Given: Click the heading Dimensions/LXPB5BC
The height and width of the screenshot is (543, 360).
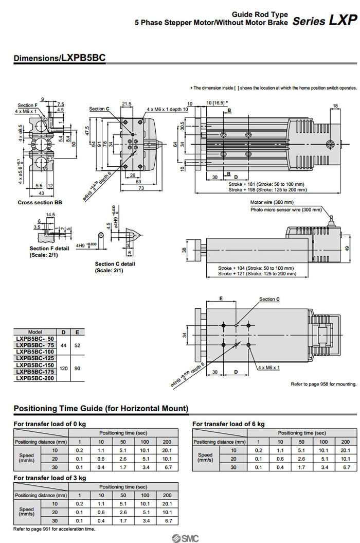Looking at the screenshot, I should [x=60, y=58].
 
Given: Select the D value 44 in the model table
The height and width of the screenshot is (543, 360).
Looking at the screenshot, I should [x=63, y=345].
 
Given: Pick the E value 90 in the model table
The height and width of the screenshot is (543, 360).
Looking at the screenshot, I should [x=78, y=369].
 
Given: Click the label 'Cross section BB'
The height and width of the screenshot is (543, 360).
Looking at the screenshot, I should [x=37, y=203].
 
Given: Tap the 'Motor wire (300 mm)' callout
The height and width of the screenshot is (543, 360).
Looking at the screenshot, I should [x=272, y=202].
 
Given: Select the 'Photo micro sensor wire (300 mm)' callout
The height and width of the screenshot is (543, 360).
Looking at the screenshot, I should [x=286, y=210].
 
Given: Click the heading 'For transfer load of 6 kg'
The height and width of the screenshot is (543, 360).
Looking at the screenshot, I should [x=228, y=424].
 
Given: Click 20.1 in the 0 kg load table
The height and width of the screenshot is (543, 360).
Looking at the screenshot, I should [x=167, y=450].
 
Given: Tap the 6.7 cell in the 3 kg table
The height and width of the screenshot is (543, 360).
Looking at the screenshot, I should [x=167, y=521].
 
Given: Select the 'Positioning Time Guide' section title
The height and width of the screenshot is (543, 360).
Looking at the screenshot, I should [x=101, y=409].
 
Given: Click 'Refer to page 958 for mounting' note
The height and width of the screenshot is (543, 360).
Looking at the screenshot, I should [x=323, y=384].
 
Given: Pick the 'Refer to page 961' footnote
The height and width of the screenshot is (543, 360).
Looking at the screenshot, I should [x=54, y=529].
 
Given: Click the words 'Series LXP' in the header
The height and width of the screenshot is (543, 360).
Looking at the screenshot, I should [x=325, y=21].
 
